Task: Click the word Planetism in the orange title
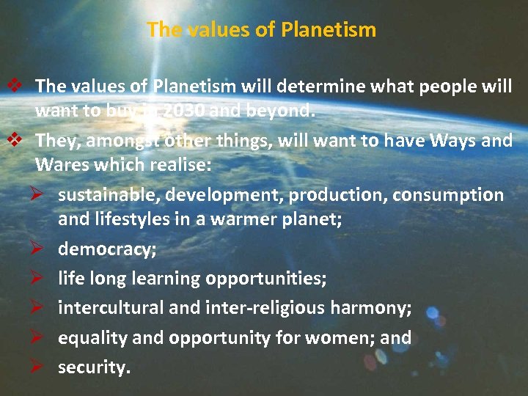(331, 30)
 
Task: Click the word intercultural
(111, 308)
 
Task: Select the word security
(94, 367)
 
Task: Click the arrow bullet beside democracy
(40, 249)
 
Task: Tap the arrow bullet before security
(40, 367)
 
